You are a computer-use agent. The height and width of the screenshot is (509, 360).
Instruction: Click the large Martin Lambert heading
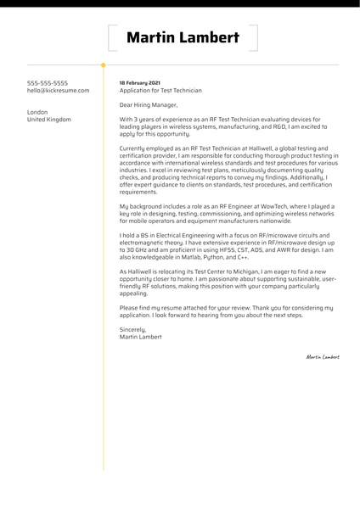click(x=182, y=38)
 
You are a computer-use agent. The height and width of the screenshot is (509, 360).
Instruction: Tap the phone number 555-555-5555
click(x=48, y=83)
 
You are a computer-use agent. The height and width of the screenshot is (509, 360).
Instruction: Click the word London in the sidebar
click(x=38, y=112)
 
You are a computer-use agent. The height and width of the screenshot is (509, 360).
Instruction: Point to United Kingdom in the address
click(x=49, y=120)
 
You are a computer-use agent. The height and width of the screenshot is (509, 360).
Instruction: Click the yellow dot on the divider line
click(x=104, y=64)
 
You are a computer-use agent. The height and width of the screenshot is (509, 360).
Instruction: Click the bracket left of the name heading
click(x=111, y=38)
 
